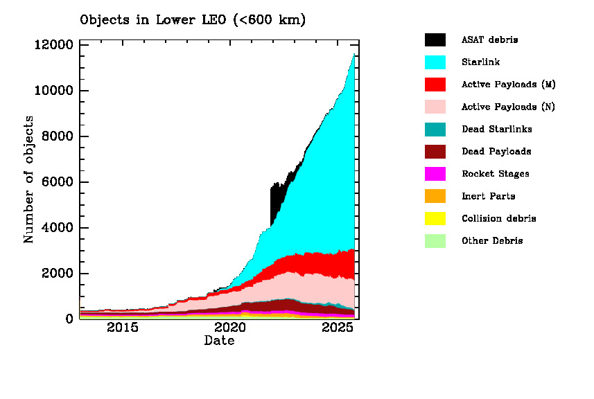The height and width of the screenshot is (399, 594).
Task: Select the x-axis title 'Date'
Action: pos(218,341)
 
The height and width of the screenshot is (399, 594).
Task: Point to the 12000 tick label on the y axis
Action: pos(53,45)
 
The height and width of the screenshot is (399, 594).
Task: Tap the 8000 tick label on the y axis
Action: pos(57,136)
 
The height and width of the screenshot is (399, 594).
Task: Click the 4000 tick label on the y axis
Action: pos(57,228)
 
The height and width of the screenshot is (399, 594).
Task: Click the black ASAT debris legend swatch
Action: pos(435,39)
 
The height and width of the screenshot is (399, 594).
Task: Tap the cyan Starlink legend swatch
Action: pos(435,62)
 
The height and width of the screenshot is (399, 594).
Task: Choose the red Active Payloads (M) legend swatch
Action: pos(435,85)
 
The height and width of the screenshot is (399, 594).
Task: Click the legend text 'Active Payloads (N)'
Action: pos(508,107)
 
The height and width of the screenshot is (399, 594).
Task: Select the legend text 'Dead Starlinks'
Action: pos(496,129)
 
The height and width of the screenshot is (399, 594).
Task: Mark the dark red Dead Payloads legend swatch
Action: pos(435,151)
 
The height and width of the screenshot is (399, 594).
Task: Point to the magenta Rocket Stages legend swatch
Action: pos(435,174)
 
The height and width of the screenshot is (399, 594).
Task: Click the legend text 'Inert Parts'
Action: pos(488,196)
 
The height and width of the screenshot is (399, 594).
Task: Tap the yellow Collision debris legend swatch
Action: pos(435,218)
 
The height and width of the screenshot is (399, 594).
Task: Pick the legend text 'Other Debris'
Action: pos(492,241)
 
